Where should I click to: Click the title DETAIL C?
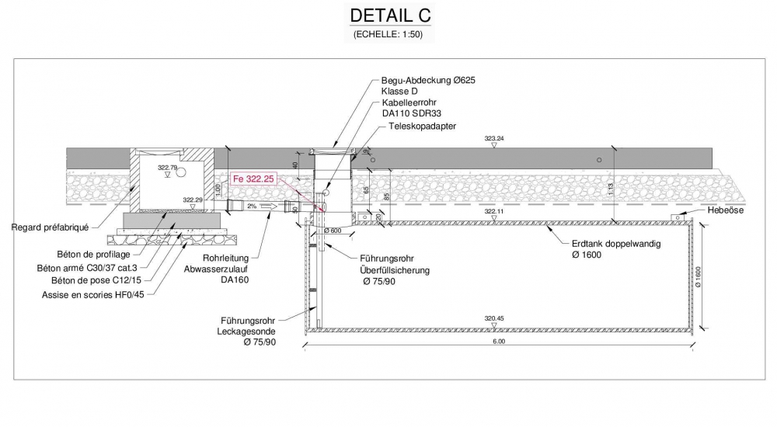[x=389, y=16]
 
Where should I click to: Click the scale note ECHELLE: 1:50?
[x=388, y=34]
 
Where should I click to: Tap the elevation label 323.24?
[x=494, y=138]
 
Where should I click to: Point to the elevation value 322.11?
[x=494, y=211]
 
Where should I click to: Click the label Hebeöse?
[x=727, y=210]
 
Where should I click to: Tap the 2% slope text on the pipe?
[x=252, y=207]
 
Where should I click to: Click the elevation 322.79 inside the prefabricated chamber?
[x=167, y=168]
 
